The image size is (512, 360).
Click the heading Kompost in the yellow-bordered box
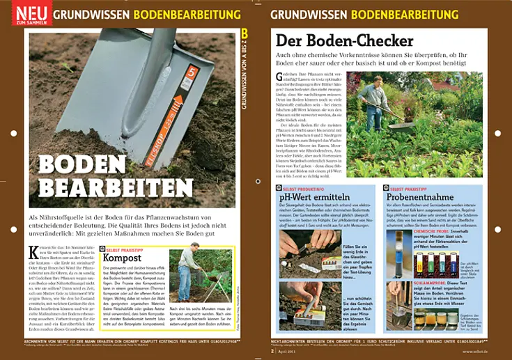coord(122,258)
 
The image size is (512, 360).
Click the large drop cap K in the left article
coord(33,253)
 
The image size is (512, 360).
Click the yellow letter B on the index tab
coord(245,33)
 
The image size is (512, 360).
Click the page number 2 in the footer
coord(272,351)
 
